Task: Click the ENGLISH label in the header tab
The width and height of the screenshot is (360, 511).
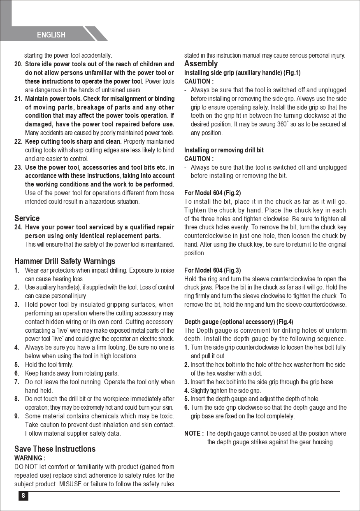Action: pyautogui.click(x=51, y=35)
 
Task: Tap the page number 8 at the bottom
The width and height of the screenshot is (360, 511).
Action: pyautogui.click(x=23, y=496)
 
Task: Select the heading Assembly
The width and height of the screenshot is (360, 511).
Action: pyautogui.click(x=201, y=64)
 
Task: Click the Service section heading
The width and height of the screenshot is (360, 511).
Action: pyautogui.click(x=27, y=218)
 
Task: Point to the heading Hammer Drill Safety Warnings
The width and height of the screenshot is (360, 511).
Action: pyautogui.click(x=65, y=261)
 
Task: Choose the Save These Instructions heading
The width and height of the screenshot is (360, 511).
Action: pyautogui.click(x=55, y=449)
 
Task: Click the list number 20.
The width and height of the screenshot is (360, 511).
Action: pyautogui.click(x=19, y=64)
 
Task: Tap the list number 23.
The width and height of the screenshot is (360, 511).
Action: pyautogui.click(x=19, y=167)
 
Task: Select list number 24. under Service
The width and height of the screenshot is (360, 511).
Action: pyautogui.click(x=19, y=227)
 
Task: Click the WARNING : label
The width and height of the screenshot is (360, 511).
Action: pyautogui.click(x=30, y=458)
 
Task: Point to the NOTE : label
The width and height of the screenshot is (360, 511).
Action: pyautogui.click(x=194, y=433)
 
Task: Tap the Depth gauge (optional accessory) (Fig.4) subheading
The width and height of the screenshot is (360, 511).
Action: pyautogui.click(x=239, y=322)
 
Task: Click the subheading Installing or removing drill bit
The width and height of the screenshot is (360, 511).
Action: pyautogui.click(x=224, y=150)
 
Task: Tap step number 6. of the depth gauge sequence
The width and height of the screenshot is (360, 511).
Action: pyautogui.click(x=187, y=408)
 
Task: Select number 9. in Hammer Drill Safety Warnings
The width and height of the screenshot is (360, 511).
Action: pyautogui.click(x=17, y=416)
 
